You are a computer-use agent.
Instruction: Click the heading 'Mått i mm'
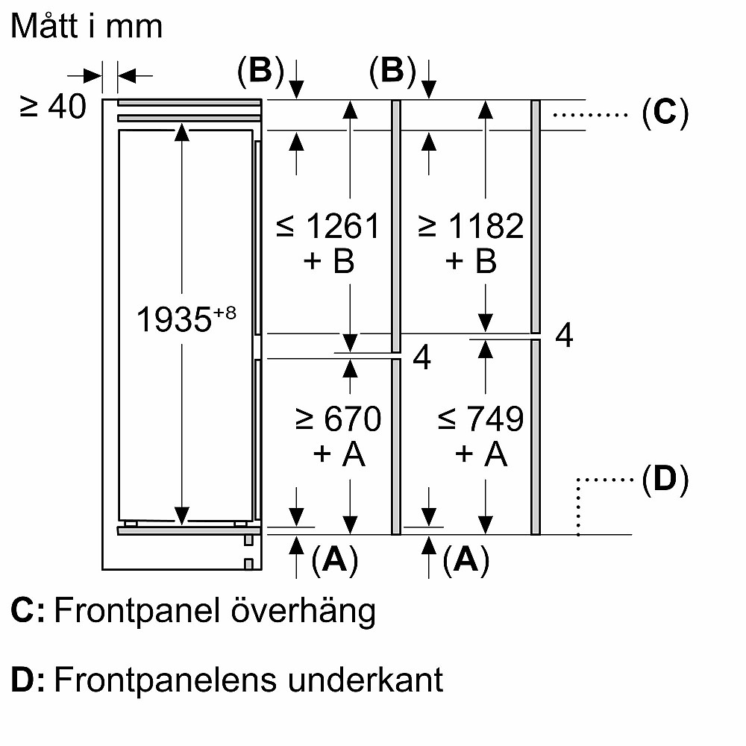pyautogui.click(x=87, y=27)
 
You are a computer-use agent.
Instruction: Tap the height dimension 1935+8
pyautogui.click(x=186, y=320)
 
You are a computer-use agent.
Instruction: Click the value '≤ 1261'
pyautogui.click(x=327, y=226)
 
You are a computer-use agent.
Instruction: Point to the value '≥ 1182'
pyautogui.click(x=471, y=226)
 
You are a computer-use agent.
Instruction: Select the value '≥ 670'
pyautogui.click(x=338, y=419)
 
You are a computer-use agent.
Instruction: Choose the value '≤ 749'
pyautogui.click(x=480, y=419)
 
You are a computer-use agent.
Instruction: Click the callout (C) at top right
pyautogui.click(x=664, y=113)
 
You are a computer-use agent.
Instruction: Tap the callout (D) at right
pyautogui.click(x=664, y=481)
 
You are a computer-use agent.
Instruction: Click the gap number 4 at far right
pyautogui.click(x=565, y=336)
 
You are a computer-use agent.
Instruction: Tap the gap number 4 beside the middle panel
pyautogui.click(x=421, y=359)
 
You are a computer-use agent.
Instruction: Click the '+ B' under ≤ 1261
pyautogui.click(x=327, y=261)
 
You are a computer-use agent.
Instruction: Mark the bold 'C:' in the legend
pyautogui.click(x=28, y=612)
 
